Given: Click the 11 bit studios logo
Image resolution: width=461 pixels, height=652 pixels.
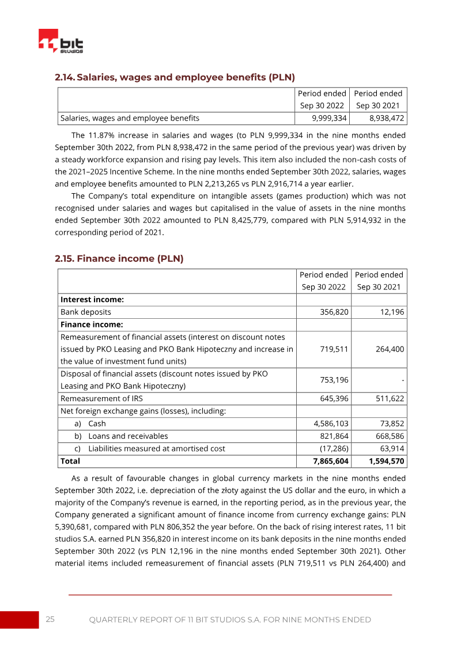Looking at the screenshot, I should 61,42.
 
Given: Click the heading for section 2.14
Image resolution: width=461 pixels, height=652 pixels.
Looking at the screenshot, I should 175,77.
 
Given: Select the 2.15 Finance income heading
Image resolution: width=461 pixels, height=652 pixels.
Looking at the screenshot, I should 119,259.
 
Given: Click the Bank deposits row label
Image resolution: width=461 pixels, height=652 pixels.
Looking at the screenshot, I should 86,312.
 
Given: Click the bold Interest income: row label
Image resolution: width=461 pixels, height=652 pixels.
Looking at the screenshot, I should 92,300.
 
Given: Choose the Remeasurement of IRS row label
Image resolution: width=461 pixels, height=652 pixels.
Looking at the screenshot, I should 101,399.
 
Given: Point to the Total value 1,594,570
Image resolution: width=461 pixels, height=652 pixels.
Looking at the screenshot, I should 386,461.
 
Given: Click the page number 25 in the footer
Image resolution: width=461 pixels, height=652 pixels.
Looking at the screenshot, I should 50,620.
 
